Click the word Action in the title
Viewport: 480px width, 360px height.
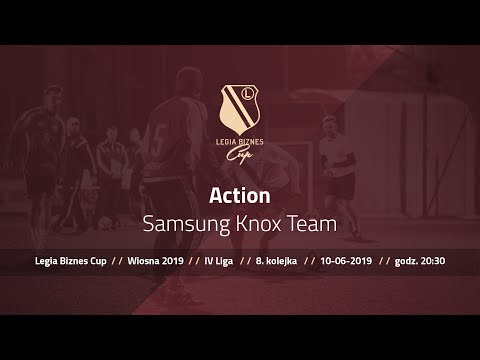tap(240, 195)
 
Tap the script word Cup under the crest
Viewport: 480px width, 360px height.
tap(240, 153)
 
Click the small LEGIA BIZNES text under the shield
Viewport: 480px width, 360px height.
tap(240, 141)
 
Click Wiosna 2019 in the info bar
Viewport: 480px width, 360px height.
tap(157, 261)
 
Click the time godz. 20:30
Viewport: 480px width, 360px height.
tap(421, 261)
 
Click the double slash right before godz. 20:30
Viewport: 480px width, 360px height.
tap(385, 261)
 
